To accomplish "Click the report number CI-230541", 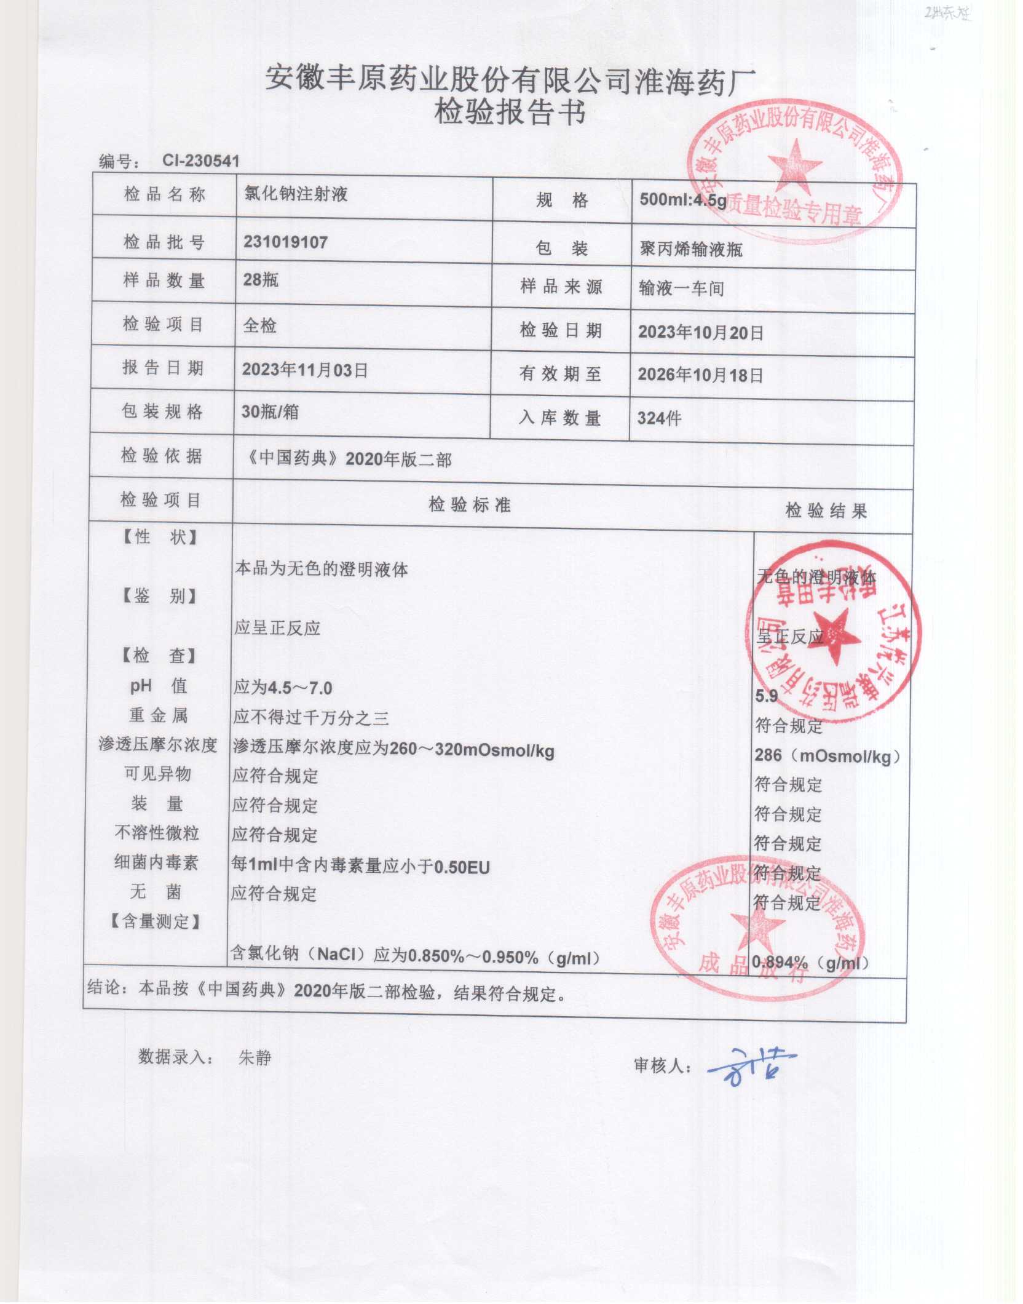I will tap(200, 161).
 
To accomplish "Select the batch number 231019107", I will tap(285, 242).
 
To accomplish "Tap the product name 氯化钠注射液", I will tap(296, 194).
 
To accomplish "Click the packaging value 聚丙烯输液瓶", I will tap(691, 249).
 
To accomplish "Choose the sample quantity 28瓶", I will tap(261, 280).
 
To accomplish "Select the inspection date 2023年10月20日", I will tap(700, 333).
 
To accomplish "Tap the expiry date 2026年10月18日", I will tap(700, 375).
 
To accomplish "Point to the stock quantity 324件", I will tap(659, 419).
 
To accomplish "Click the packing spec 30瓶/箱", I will tap(270, 411).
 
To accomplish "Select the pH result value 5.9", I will tap(767, 696).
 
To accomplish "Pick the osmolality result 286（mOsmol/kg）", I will tap(827, 756).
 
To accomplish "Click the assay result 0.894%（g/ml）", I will tap(811, 963).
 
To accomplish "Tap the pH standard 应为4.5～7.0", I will tap(283, 687).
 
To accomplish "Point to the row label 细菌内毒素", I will tap(156, 862).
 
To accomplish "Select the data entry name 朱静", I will tap(255, 1058).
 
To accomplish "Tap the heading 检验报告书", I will tap(510, 113).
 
